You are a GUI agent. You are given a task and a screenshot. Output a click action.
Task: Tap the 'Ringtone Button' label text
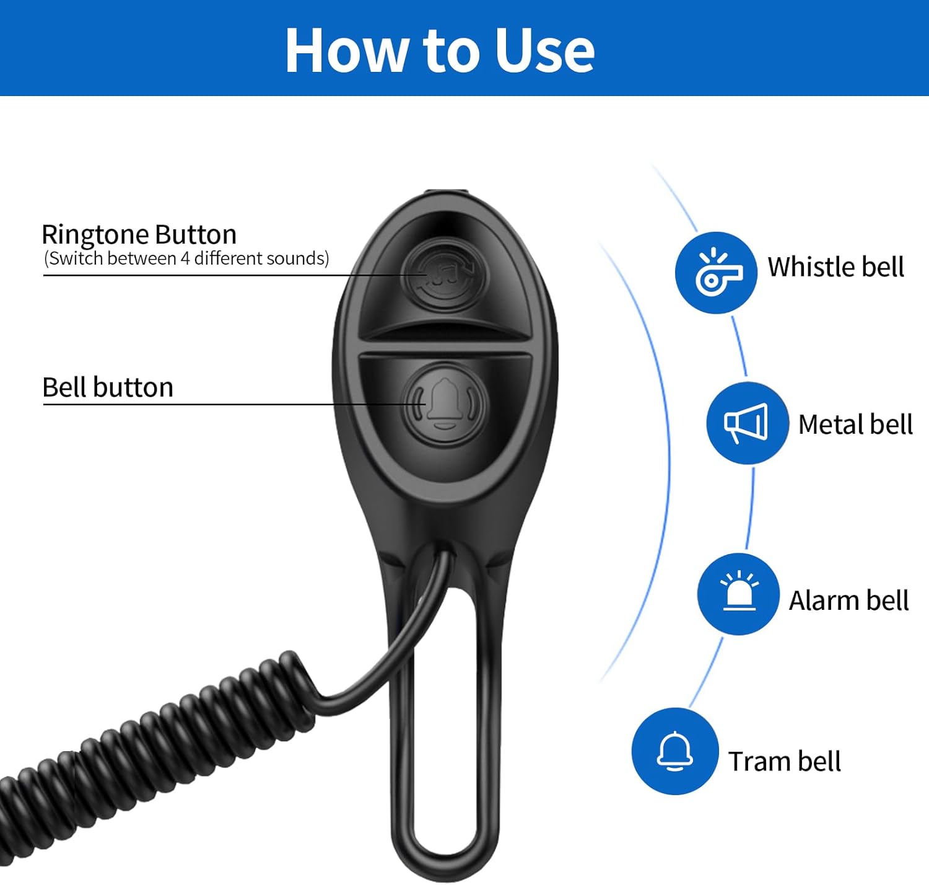click(x=139, y=235)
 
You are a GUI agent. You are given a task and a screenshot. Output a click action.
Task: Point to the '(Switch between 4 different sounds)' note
click(x=186, y=258)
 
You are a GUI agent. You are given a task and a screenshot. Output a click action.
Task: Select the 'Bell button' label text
click(x=108, y=387)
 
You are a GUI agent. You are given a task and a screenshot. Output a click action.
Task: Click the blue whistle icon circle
click(x=715, y=273)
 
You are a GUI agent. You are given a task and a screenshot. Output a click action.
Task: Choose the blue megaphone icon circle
click(x=747, y=423)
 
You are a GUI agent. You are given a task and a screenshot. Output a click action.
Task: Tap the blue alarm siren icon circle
click(x=738, y=594)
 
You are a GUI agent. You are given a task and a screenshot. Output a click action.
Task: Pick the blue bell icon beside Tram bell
click(x=675, y=751)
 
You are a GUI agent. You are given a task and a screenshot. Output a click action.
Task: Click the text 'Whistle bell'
click(x=835, y=266)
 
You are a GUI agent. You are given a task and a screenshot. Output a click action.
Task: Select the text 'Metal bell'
click(x=855, y=425)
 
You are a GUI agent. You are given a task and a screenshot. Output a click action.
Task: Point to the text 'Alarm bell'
click(x=848, y=601)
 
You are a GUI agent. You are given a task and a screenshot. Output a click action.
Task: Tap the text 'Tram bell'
click(x=785, y=761)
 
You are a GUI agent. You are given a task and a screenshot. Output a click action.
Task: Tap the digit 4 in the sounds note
click(x=185, y=258)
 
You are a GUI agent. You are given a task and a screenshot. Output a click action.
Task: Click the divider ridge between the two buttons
click(x=445, y=348)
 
